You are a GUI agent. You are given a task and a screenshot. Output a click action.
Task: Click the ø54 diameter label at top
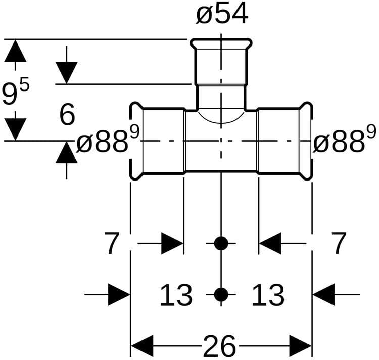click(x=222, y=15)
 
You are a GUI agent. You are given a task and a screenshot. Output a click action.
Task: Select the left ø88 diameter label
click(x=107, y=142)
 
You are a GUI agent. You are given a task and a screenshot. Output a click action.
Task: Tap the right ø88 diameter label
click(x=344, y=142)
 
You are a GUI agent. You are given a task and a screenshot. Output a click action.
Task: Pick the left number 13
click(x=176, y=295)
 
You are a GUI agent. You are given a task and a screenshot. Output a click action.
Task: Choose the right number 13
click(x=268, y=295)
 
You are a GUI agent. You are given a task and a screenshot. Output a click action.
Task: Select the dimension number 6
click(x=67, y=115)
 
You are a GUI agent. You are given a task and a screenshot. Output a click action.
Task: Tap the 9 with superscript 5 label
click(x=16, y=94)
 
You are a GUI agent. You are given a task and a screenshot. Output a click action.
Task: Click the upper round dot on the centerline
click(x=221, y=244)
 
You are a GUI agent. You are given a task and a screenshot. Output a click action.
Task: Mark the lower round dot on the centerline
click(x=221, y=294)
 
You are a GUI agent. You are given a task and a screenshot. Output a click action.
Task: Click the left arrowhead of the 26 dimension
click(x=141, y=346)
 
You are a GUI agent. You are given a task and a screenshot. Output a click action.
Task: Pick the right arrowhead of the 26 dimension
click(x=301, y=346)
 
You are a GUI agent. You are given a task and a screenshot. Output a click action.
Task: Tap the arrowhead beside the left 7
click(x=172, y=244)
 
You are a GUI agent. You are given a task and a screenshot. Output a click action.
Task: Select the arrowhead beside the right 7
click(x=269, y=244)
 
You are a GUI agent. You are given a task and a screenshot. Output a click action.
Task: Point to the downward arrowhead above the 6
click(x=66, y=72)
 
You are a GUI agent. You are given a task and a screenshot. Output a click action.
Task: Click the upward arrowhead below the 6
click(x=66, y=152)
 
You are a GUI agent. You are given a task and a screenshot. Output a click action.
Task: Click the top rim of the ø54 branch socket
click(x=221, y=41)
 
